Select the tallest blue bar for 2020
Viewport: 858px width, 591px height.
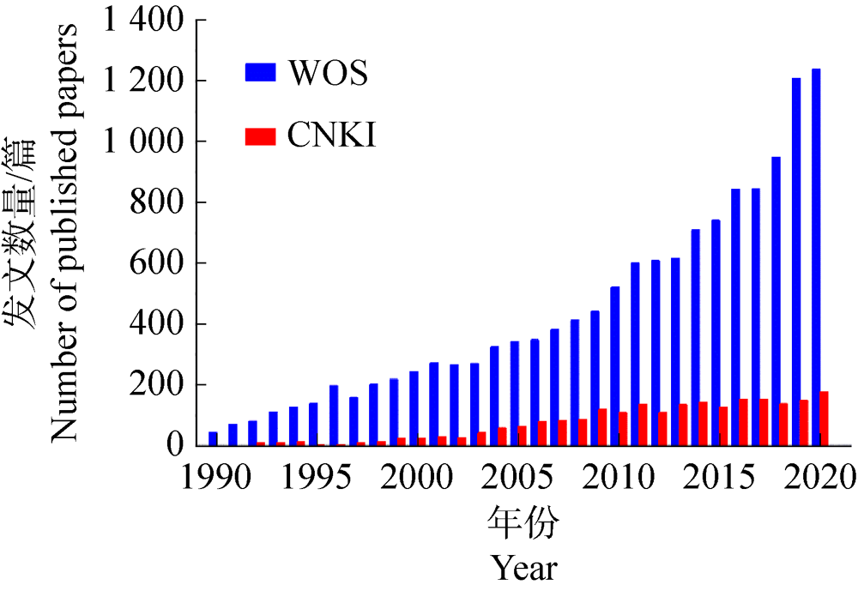816,257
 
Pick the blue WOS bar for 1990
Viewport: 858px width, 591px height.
213,438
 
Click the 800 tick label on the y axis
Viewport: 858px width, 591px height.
165,202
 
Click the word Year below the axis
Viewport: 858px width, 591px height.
524,567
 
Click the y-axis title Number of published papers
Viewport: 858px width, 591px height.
63,232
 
